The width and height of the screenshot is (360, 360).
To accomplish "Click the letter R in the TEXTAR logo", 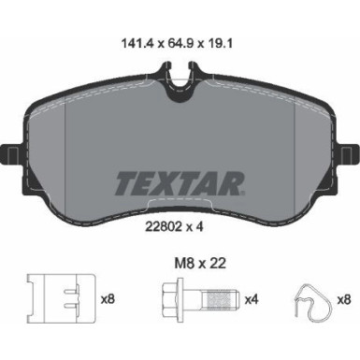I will [x=235, y=180].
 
